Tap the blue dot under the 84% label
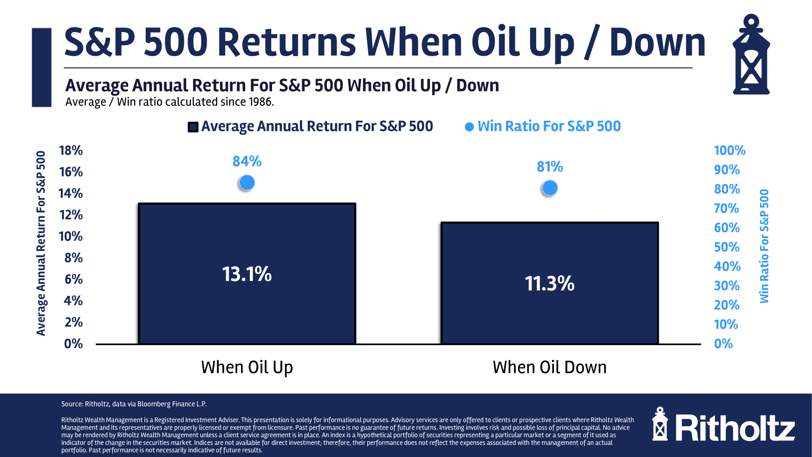pyautogui.click(x=247, y=183)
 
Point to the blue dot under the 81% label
pyautogui.click(x=550, y=188)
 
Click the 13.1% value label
pyautogui.click(x=247, y=274)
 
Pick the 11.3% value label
pyautogui.click(x=549, y=283)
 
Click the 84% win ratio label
pyautogui.click(x=247, y=161)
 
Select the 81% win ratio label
pyautogui.click(x=550, y=166)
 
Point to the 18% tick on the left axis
pyautogui.click(x=71, y=150)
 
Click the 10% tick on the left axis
pyautogui.click(x=71, y=236)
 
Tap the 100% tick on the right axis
pyautogui.click(x=729, y=150)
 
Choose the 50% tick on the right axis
pyautogui.click(x=727, y=247)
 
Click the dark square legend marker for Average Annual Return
pyautogui.click(x=193, y=127)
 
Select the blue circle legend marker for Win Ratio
pyautogui.click(x=469, y=127)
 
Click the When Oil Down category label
pyautogui.click(x=549, y=367)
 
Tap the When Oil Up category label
pyautogui.click(x=247, y=367)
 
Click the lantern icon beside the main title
pyautogui.click(x=751, y=55)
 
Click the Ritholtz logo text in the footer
pyautogui.click(x=734, y=428)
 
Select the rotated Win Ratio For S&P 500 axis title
pyautogui.click(x=764, y=246)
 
